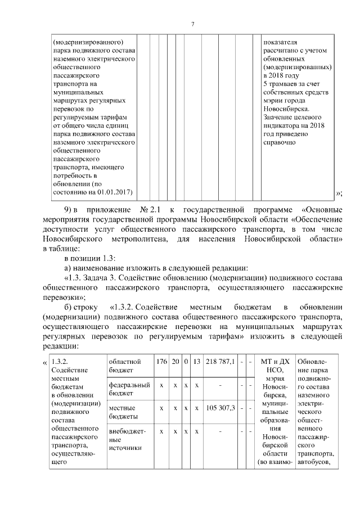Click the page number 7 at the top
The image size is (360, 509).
(192, 24)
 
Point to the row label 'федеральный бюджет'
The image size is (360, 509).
(129, 389)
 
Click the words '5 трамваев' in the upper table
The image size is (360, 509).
(281, 84)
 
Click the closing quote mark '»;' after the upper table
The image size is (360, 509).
(339, 193)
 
